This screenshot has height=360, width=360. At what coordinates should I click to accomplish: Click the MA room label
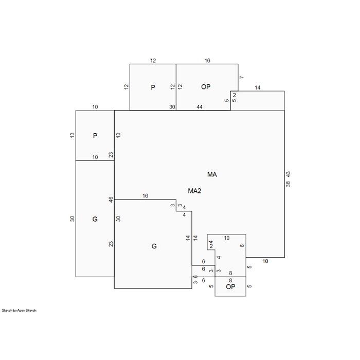pyautogui.click(x=212, y=174)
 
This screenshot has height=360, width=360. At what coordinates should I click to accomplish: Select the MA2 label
pyautogui.click(x=194, y=191)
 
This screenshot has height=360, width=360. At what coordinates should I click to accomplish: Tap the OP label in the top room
pyautogui.click(x=206, y=87)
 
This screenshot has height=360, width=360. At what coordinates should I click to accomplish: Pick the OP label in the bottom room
pyautogui.click(x=230, y=286)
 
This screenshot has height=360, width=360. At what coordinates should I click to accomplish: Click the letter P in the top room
pyautogui.click(x=153, y=87)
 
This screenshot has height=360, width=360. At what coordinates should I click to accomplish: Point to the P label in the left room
pyautogui.click(x=95, y=136)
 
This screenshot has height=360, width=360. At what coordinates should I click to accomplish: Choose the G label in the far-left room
pyautogui.click(x=95, y=219)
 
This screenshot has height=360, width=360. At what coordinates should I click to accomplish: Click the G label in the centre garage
pyautogui.click(x=154, y=246)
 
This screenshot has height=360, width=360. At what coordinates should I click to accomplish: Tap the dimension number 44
pyautogui.click(x=200, y=107)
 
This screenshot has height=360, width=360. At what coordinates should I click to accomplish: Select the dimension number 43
pyautogui.click(x=288, y=174)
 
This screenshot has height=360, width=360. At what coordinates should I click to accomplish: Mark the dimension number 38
pyautogui.click(x=288, y=184)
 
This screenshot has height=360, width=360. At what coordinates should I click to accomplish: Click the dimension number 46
pyautogui.click(x=111, y=200)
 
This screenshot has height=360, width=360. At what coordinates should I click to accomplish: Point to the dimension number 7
pyautogui.click(x=242, y=77)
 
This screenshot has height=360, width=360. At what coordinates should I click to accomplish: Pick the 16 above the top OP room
pyautogui.click(x=207, y=60)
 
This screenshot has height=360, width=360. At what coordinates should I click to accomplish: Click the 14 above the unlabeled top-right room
pyautogui.click(x=258, y=87)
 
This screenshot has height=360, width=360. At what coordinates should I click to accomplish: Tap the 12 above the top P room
pyautogui.click(x=153, y=61)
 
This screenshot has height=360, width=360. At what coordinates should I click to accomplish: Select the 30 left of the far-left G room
pyautogui.click(x=73, y=219)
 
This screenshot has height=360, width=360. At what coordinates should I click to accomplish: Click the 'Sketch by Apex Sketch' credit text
pyautogui.click(x=19, y=311)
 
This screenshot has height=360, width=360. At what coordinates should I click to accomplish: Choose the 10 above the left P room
pyautogui.click(x=95, y=107)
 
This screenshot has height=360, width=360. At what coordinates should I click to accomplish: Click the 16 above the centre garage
pyautogui.click(x=146, y=196)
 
